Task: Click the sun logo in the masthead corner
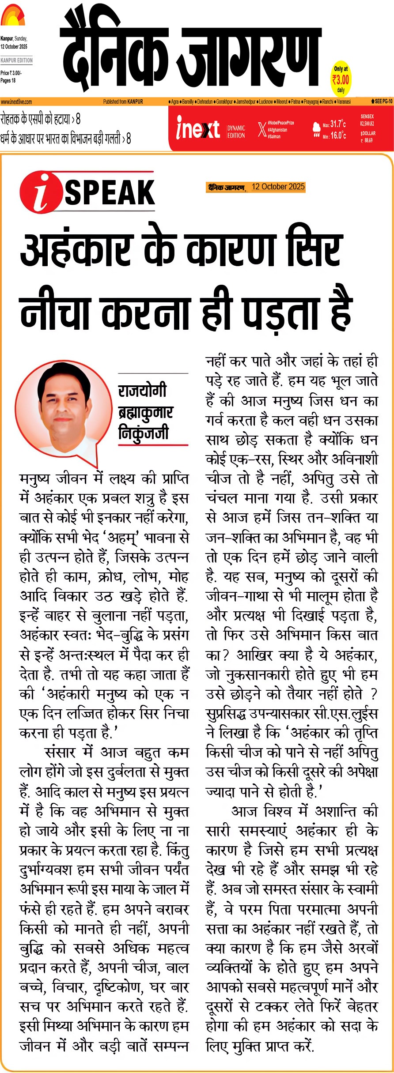click(12, 16)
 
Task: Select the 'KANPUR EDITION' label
click(17, 60)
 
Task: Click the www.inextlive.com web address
click(16, 102)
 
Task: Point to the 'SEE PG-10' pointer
click(382, 102)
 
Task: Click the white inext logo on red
click(197, 128)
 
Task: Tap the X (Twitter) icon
click(262, 129)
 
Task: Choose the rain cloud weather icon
click(316, 129)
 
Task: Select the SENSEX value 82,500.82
click(367, 124)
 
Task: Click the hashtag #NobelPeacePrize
click(280, 123)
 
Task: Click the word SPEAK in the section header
click(110, 192)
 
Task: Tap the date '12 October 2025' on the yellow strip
click(278, 187)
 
